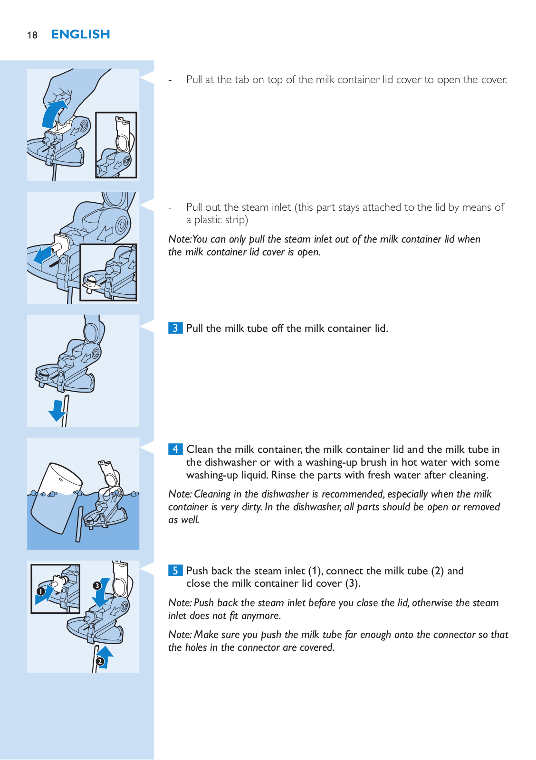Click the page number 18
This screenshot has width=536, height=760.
[32, 35]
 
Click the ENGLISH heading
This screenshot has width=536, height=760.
[80, 34]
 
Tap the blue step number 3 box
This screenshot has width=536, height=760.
[175, 328]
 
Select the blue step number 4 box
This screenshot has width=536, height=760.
[175, 449]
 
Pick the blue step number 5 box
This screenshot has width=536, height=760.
[175, 570]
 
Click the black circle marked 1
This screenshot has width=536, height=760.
[41, 591]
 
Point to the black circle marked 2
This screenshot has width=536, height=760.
[99, 661]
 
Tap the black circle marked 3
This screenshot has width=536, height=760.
[97, 586]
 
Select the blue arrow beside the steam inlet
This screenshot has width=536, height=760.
[42, 255]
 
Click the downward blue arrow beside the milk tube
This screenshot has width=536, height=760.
[57, 411]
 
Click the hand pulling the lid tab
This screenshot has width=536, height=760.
[75, 92]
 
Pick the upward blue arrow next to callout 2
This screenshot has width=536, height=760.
[106, 657]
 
